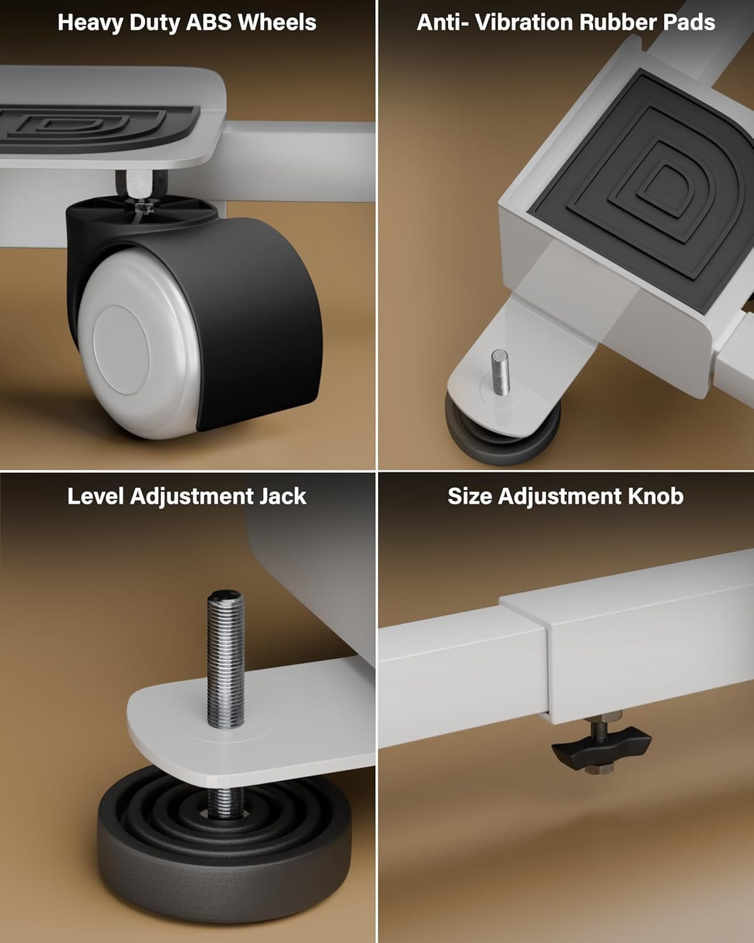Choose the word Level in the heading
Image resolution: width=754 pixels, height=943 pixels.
click(x=96, y=496)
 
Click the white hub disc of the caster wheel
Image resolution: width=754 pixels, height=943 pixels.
click(x=121, y=350)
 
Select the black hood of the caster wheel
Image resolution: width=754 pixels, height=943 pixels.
click(x=245, y=307)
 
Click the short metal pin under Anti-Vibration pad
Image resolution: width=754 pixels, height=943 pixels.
click(x=500, y=372)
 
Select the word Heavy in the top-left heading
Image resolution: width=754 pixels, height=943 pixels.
click(x=90, y=22)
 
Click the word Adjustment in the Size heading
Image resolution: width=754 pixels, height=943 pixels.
click(x=560, y=496)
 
